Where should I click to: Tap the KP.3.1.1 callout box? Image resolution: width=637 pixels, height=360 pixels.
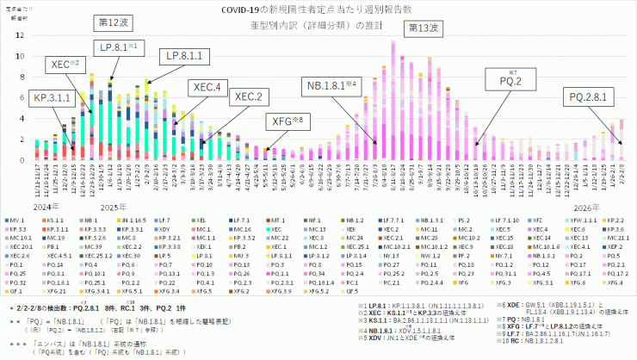pyautogui.click(x=52, y=98)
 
